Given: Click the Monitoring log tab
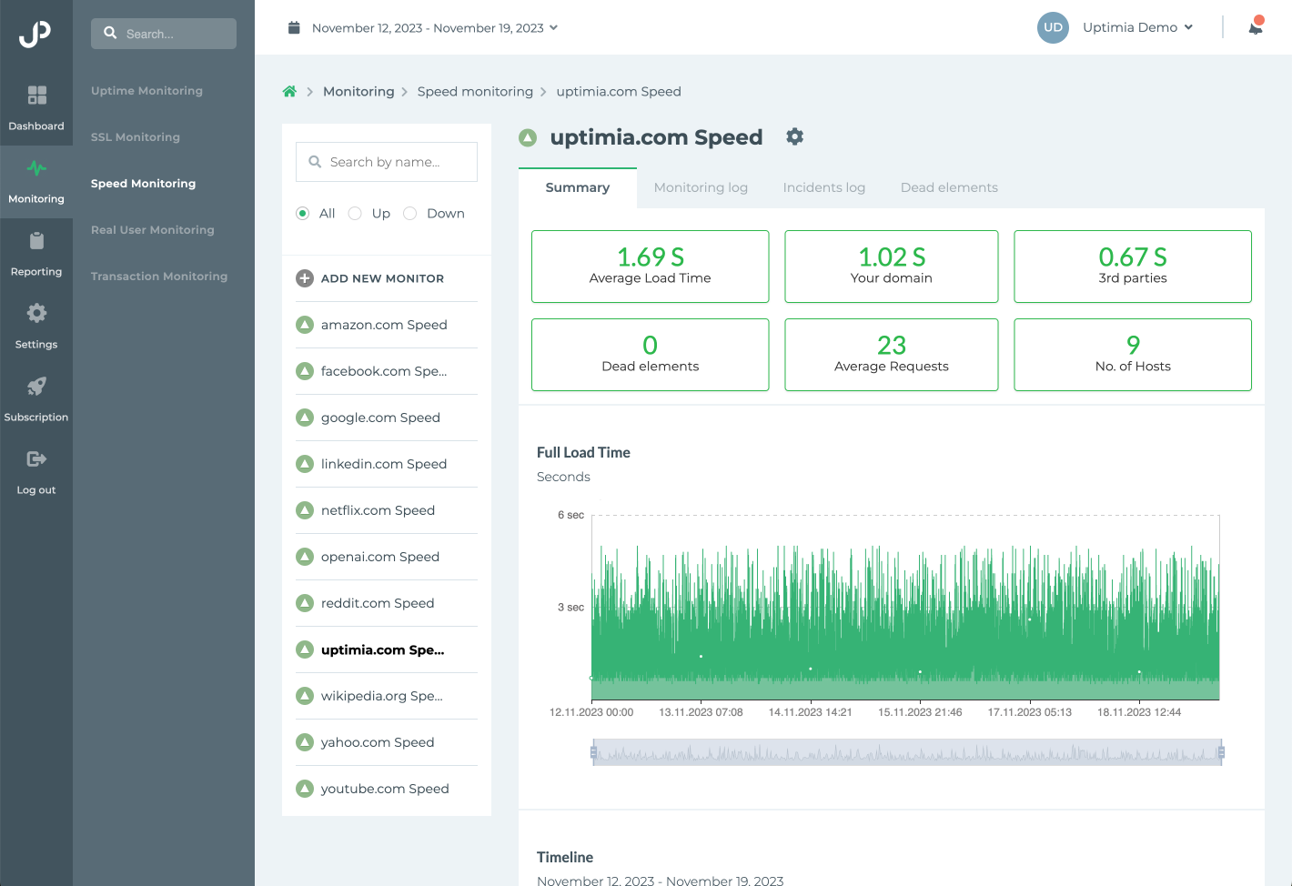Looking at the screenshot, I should click(x=701, y=187).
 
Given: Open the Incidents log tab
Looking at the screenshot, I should click(x=823, y=187).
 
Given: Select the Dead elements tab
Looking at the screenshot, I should click(x=949, y=187).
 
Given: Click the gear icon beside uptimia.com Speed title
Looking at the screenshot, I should click(x=794, y=136).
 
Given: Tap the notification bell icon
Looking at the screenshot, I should click(x=1256, y=27).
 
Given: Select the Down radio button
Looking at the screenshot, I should click(x=410, y=213).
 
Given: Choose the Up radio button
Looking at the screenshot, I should click(x=356, y=213).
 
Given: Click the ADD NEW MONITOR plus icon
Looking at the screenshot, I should click(x=305, y=278).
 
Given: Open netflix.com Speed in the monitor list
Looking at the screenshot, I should click(x=378, y=510).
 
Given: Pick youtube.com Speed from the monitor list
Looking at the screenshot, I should click(x=384, y=789).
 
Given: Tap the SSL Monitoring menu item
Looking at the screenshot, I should click(x=136, y=137).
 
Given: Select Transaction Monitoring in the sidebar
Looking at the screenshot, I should click(x=159, y=277).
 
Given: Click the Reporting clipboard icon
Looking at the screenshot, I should click(x=36, y=241).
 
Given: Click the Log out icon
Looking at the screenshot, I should click(x=36, y=459).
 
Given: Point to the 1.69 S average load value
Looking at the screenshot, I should click(x=651, y=257).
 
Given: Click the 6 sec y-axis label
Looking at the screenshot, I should click(x=570, y=515).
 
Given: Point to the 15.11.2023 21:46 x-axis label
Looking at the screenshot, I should click(x=920, y=712).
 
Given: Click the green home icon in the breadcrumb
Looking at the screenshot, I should click(x=289, y=92).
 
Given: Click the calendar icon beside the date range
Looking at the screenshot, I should click(x=294, y=28).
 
